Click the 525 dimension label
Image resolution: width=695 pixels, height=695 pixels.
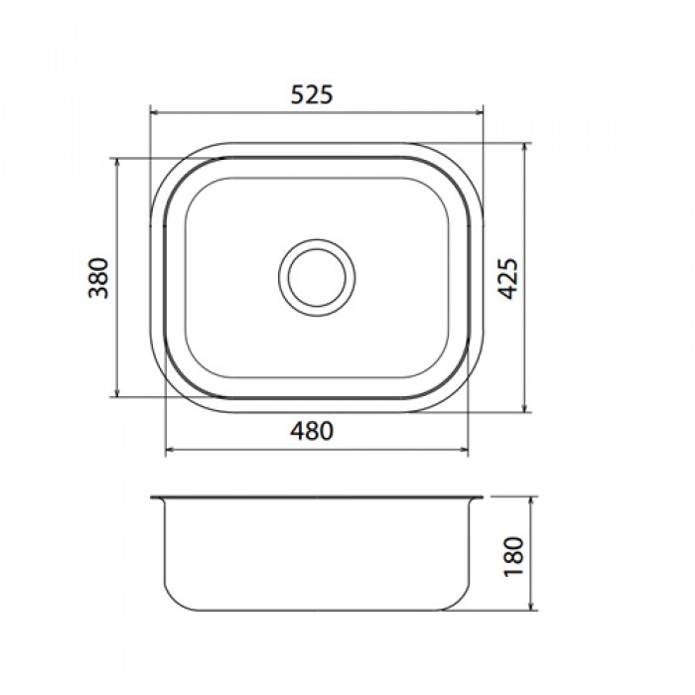click(x=311, y=94)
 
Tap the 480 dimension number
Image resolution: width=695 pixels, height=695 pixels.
click(x=311, y=431)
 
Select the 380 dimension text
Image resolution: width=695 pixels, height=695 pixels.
click(x=98, y=278)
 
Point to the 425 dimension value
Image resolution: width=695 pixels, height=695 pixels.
click(x=507, y=278)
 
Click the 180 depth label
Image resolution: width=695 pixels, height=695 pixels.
click(x=514, y=557)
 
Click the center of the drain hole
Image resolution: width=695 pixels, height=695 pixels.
click(x=317, y=277)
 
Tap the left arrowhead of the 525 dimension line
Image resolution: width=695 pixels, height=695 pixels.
click(x=154, y=112)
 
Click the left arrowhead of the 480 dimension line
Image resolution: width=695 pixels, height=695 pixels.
click(x=170, y=451)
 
